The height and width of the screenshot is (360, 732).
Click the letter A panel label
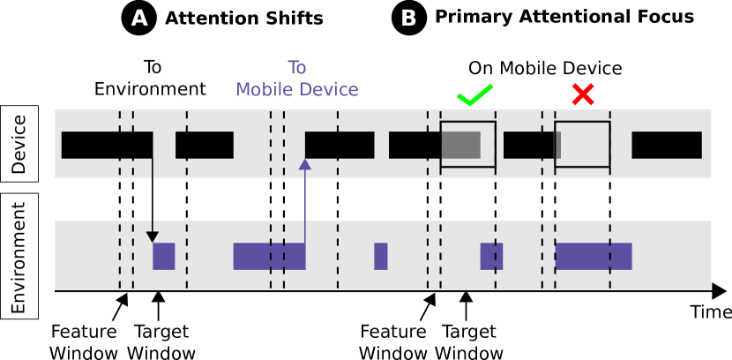139,19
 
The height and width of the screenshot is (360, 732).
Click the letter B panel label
408,19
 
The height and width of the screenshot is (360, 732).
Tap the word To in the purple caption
297,68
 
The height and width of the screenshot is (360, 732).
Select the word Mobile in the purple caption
266,90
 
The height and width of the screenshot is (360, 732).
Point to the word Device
329,90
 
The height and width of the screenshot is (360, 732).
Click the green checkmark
474,94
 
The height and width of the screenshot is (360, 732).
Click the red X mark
582,94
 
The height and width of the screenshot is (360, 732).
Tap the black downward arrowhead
153,236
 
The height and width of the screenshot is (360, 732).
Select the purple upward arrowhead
305,164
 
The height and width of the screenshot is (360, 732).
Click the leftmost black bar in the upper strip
107,145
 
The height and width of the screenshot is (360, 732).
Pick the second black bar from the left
205,145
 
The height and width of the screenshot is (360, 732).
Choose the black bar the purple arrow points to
340,145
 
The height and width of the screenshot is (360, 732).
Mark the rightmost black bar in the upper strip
667,145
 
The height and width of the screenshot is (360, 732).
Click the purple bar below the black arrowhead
164,256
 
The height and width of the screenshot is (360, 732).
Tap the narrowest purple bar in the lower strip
381,256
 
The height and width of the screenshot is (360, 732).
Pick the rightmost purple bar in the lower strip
594,256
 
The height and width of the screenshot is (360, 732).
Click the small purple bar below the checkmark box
491,256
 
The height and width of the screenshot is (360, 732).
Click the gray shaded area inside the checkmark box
460,145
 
